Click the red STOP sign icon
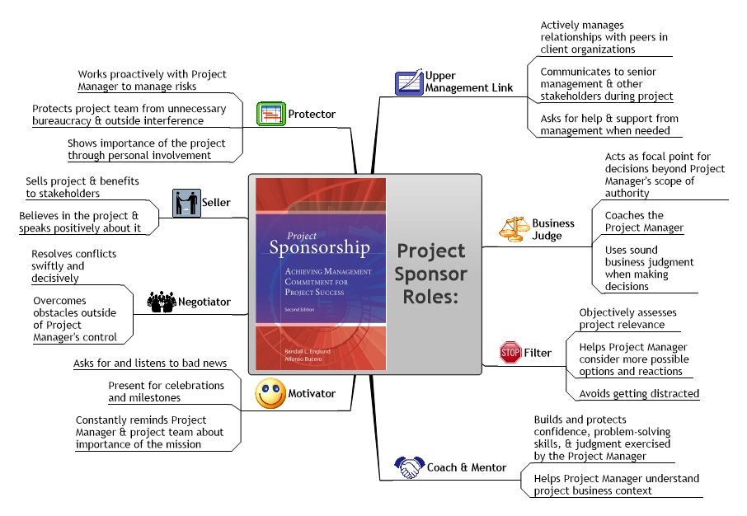(510, 353)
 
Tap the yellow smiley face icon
(270, 394)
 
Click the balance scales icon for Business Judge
(514, 228)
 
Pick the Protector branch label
(312, 115)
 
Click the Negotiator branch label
(205, 303)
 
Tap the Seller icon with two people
(186, 203)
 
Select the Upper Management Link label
(469, 82)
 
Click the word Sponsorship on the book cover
(319, 248)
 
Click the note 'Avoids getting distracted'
(639, 394)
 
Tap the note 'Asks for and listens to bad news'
(150, 364)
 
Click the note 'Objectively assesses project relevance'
(627, 318)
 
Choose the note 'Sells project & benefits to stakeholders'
(82, 187)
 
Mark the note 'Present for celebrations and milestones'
(166, 392)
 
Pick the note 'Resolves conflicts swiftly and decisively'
(73, 266)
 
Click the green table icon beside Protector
(270, 114)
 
